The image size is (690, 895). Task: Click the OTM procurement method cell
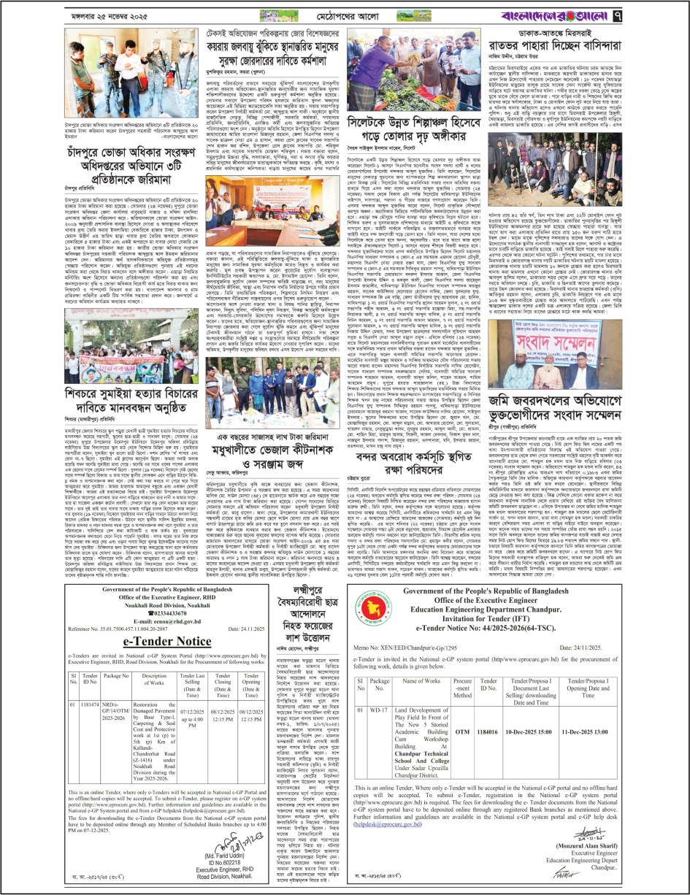[462, 708]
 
